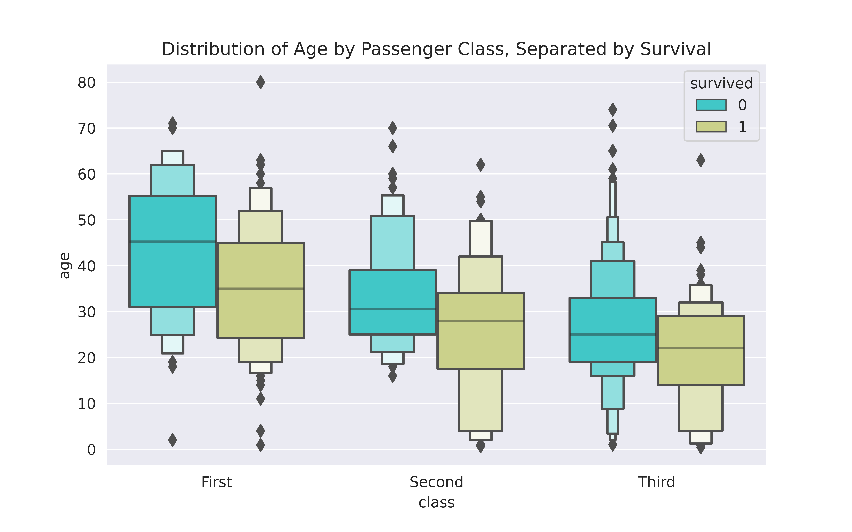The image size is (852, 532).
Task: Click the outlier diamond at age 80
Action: (x=260, y=82)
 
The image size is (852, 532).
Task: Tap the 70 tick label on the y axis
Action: (x=87, y=129)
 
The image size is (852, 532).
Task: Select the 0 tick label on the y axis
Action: (x=91, y=450)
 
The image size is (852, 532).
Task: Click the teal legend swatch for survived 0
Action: (x=711, y=105)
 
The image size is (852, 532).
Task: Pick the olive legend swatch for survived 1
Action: (x=711, y=127)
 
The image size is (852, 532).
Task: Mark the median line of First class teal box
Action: (x=173, y=241)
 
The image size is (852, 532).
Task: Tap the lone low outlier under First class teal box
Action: (x=173, y=440)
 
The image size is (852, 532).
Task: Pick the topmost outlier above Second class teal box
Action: (x=393, y=128)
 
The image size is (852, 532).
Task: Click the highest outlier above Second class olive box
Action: (x=481, y=165)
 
